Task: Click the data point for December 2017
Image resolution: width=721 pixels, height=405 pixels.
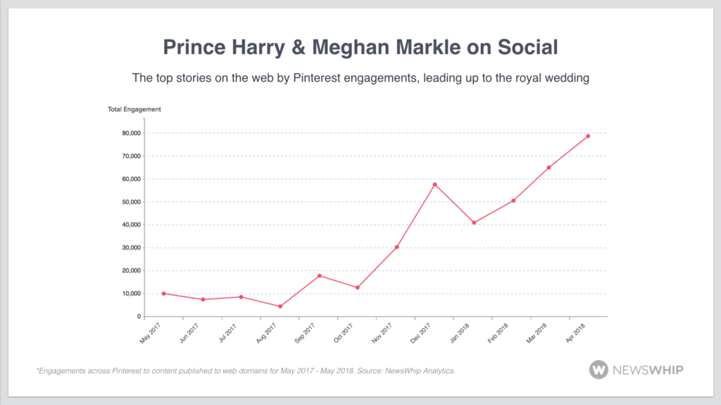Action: (x=435, y=185)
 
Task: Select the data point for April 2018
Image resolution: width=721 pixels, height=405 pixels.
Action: (x=588, y=136)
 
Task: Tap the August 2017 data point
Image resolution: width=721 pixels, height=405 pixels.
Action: (x=280, y=306)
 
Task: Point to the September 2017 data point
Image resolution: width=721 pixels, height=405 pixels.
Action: (x=320, y=275)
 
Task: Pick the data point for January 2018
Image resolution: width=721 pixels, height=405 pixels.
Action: (x=475, y=223)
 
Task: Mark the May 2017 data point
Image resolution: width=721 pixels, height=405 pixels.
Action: (x=164, y=293)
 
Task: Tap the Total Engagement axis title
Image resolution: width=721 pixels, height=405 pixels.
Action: (x=134, y=109)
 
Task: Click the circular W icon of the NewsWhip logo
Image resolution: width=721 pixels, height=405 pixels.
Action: (x=599, y=370)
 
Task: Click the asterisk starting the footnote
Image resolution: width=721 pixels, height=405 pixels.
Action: (x=37, y=369)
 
